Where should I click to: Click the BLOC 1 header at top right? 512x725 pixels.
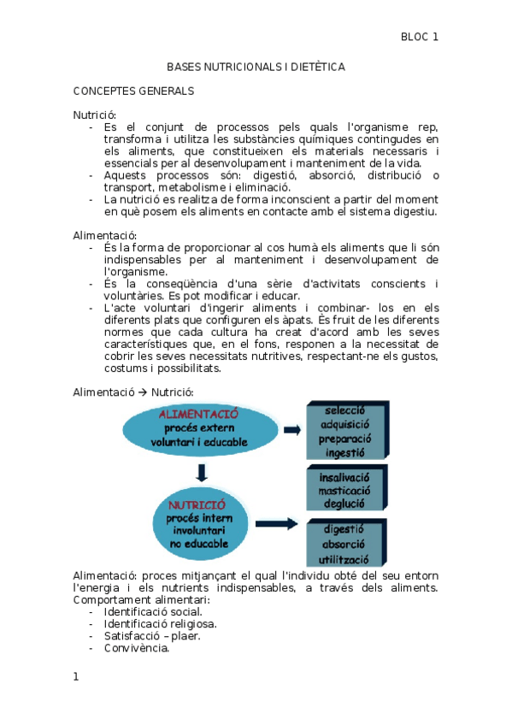coord(420,37)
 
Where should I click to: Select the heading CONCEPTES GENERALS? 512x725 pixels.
coord(133,91)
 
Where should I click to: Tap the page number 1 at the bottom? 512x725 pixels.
coord(76,677)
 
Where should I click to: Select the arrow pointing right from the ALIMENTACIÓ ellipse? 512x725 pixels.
coord(292,429)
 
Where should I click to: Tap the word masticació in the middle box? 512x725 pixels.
coord(344,491)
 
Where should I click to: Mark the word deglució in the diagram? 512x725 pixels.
coord(344,504)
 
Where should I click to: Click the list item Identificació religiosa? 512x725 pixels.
coord(160,623)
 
